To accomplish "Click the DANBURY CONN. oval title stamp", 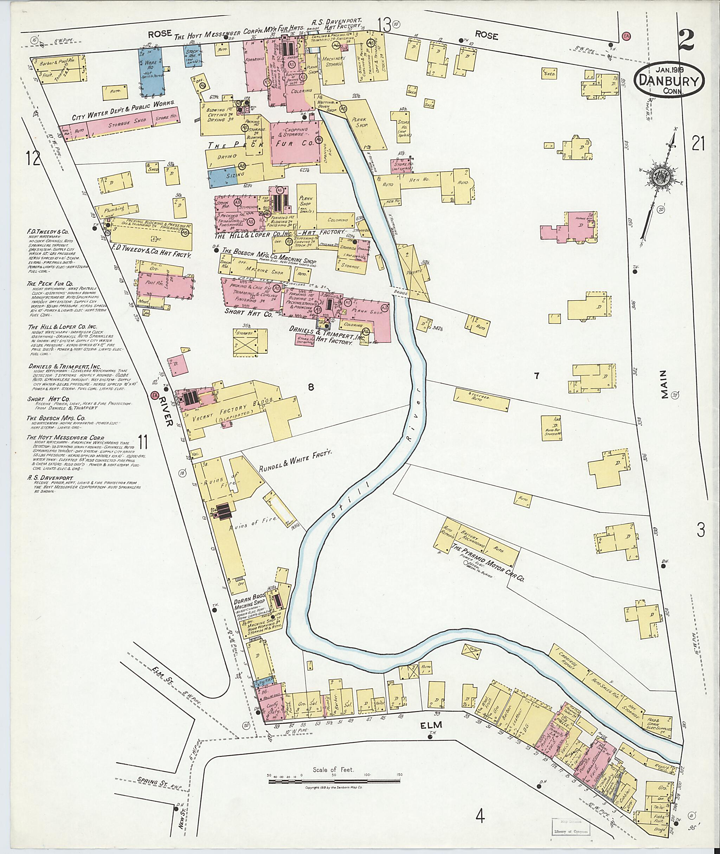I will pos(669,79).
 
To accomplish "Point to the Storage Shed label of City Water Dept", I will pos(124,122).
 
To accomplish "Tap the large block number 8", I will pos(311,387).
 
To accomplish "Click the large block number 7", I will pos(536,376).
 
